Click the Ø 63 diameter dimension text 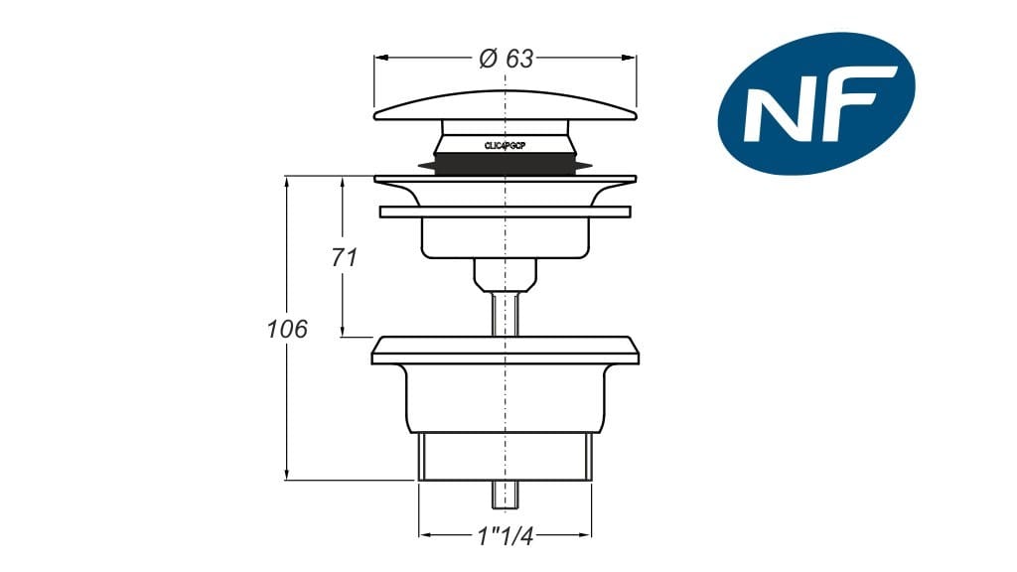506,59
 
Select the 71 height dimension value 344,257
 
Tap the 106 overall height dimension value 287,330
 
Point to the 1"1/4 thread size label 505,536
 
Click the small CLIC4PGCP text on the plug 505,145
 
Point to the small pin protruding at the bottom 506,493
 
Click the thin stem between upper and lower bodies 506,313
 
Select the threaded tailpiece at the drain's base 505,457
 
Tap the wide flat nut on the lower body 505,351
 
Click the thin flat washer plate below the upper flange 505,212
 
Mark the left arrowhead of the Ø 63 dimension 379,58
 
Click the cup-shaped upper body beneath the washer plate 505,236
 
